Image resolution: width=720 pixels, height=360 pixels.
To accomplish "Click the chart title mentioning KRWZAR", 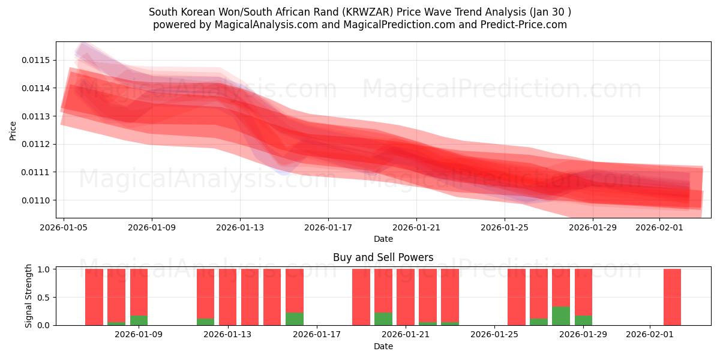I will [360, 12].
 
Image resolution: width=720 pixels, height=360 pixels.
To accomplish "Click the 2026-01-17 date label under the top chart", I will [328, 227].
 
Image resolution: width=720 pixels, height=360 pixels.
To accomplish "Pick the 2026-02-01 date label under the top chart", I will [659, 227].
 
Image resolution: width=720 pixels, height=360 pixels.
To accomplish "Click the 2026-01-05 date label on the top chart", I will [64, 227].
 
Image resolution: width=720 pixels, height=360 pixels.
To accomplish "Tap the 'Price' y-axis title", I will [13, 130].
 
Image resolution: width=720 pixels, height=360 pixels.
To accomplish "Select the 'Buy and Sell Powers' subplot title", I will [383, 257].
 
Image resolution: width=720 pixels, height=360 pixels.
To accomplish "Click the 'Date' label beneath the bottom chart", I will [383, 346].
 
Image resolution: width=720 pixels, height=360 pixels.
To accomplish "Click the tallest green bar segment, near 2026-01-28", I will [561, 316].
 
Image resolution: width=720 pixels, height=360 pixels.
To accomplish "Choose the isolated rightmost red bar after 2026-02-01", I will [672, 297].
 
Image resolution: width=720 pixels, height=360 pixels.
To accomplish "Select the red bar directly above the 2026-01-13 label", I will [227, 297].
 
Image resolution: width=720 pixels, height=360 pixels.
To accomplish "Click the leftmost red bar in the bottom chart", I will [94, 297].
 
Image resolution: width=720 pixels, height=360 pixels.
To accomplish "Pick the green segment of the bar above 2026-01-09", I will [139, 320].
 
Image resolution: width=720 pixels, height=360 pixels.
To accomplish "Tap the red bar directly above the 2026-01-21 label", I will [406, 297].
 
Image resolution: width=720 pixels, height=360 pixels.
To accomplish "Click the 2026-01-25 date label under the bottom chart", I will [494, 334].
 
